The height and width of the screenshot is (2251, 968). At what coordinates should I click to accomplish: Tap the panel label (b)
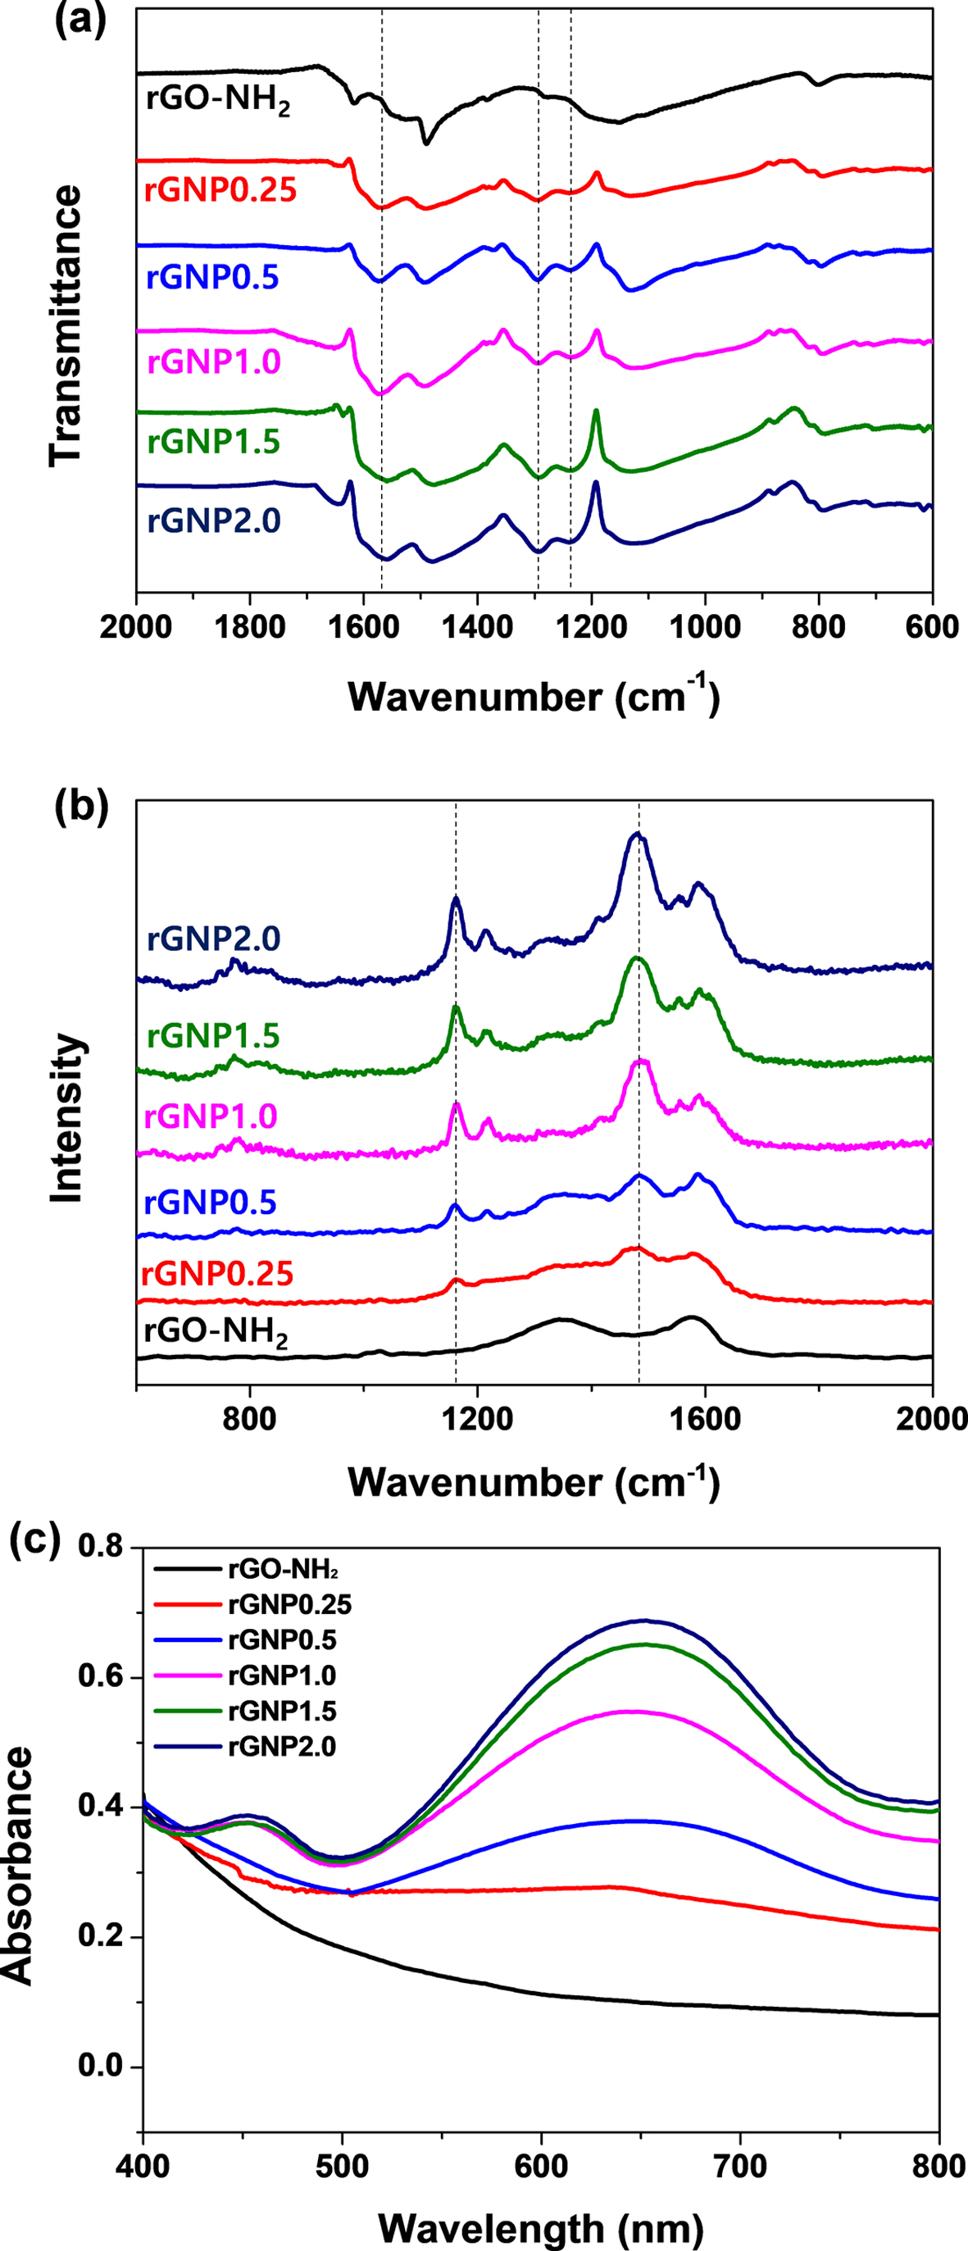pyautogui.click(x=80, y=808)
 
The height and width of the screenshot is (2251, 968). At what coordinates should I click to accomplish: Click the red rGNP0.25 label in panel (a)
pyautogui.click(x=220, y=189)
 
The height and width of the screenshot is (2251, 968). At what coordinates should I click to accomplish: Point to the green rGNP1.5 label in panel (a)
pyautogui.click(x=213, y=442)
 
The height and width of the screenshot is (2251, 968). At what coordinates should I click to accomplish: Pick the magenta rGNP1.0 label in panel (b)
pyautogui.click(x=211, y=1116)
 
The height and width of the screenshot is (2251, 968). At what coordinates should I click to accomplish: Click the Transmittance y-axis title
pyautogui.click(x=66, y=325)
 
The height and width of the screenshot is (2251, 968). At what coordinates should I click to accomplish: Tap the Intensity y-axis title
pyautogui.click(x=66, y=1118)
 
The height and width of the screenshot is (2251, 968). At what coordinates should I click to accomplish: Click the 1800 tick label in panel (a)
pyautogui.click(x=250, y=628)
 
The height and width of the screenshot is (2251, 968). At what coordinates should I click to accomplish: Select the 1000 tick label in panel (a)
pyautogui.click(x=705, y=628)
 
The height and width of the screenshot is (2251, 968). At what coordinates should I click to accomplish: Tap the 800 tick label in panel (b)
pyautogui.click(x=250, y=1418)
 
